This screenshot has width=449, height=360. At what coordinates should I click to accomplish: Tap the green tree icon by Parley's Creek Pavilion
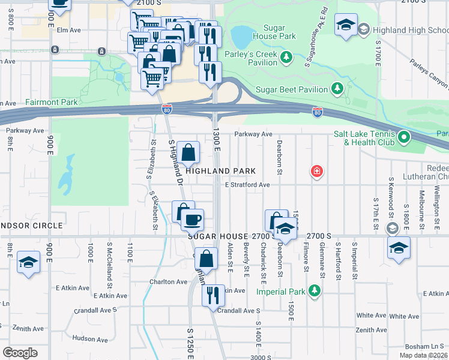tap(287, 56)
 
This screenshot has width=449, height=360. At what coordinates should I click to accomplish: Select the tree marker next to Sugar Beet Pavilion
tap(337, 89)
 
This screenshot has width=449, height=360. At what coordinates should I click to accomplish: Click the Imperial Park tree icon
tap(314, 292)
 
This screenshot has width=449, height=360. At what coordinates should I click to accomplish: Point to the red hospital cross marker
tap(316, 172)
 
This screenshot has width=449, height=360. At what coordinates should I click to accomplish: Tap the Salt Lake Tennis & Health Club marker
tap(404, 137)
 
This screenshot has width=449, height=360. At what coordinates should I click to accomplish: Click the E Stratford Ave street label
tap(247, 185)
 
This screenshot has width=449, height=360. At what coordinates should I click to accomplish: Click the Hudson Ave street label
tap(89, 339)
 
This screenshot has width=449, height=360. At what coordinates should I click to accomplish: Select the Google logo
tap(20, 353)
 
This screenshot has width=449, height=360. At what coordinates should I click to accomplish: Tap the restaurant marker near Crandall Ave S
tap(212, 295)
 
